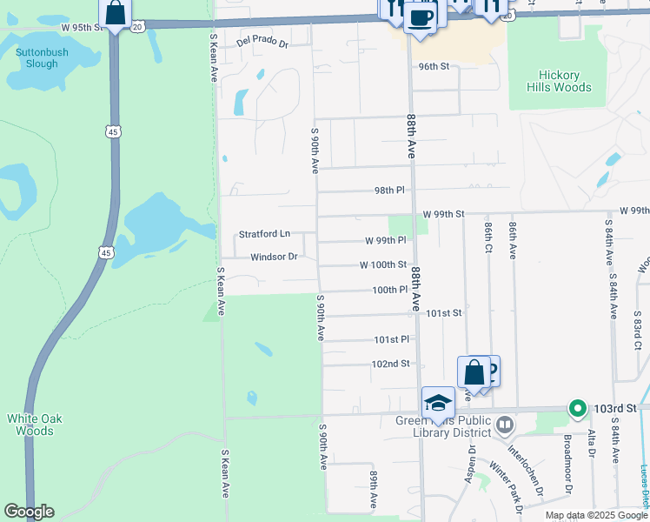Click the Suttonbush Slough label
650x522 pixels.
[x=37, y=57]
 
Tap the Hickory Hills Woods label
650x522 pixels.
[x=559, y=81]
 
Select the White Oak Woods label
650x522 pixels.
[x=36, y=425]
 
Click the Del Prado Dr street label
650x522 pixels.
[x=262, y=42]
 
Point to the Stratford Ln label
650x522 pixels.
[x=264, y=234]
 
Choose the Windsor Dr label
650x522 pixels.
[x=274, y=257]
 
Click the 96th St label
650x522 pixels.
[x=433, y=66]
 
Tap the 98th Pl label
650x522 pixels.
[x=389, y=190]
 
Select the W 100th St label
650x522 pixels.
[x=383, y=264]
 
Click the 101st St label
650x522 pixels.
[x=443, y=312]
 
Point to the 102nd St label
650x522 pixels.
[x=390, y=364]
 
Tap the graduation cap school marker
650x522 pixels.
[x=439, y=403]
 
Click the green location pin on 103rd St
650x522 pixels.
[x=576, y=407]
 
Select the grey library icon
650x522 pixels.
[x=506, y=425]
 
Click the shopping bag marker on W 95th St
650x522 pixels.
[x=116, y=13]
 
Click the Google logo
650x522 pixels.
[x=29, y=512]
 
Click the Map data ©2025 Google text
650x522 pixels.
[x=596, y=515]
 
